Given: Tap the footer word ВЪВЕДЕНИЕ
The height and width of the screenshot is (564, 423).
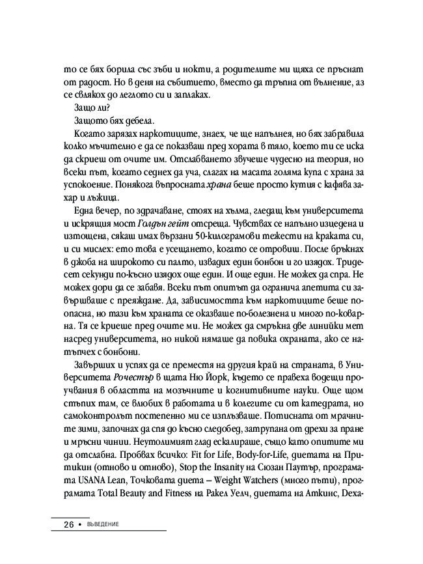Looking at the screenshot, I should [x=105, y=524].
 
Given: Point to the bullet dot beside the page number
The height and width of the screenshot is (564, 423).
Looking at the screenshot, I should [x=81, y=524].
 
